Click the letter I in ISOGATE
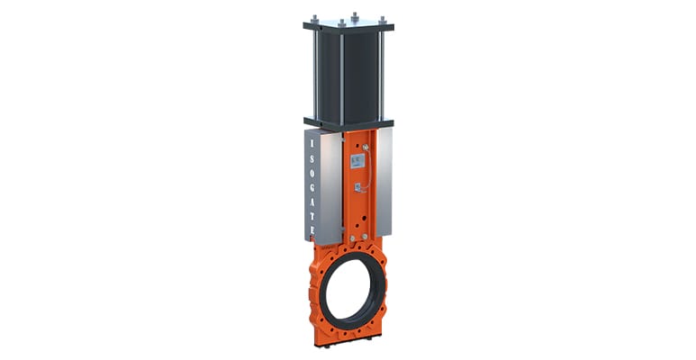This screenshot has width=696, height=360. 312,144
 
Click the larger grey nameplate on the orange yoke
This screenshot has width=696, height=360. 357,161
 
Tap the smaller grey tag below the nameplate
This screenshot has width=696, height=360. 357,188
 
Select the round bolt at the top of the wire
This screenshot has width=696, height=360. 365,148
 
